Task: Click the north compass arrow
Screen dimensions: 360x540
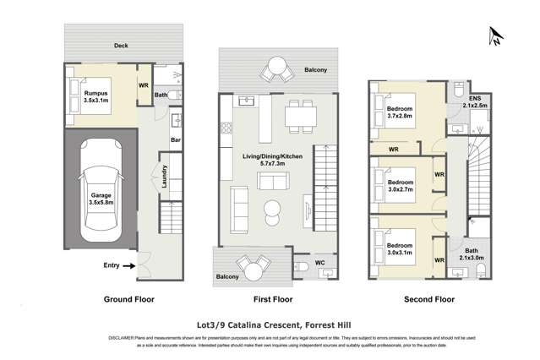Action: click(494, 35)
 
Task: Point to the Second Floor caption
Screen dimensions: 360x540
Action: click(429, 299)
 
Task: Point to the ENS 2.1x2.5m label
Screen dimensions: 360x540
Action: click(477, 101)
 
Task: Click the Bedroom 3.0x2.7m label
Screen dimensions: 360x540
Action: click(401, 186)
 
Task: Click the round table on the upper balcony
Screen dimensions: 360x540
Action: click(278, 66)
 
